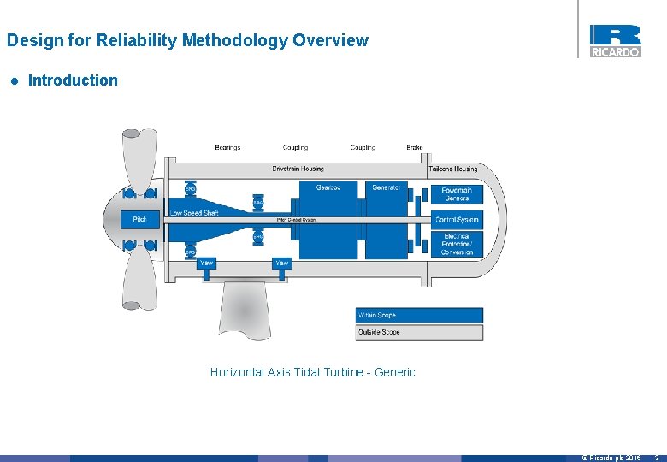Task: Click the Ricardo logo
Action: click(615, 40)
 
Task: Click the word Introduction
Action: click(73, 80)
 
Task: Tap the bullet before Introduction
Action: click(14, 81)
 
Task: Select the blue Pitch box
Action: click(139, 220)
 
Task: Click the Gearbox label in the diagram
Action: click(328, 187)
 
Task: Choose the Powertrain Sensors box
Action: click(457, 194)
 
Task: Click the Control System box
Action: click(457, 220)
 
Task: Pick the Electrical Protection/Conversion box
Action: click(457, 244)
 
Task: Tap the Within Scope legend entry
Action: click(419, 315)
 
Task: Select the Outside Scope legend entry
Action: click(419, 332)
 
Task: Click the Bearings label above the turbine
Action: click(227, 147)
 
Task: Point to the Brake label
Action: click(415, 147)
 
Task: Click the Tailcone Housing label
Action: click(453, 169)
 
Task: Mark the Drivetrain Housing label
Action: click(298, 169)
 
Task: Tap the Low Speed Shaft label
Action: click(194, 213)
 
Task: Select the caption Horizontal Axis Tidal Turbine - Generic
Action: click(312, 372)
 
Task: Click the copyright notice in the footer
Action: click(611, 458)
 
